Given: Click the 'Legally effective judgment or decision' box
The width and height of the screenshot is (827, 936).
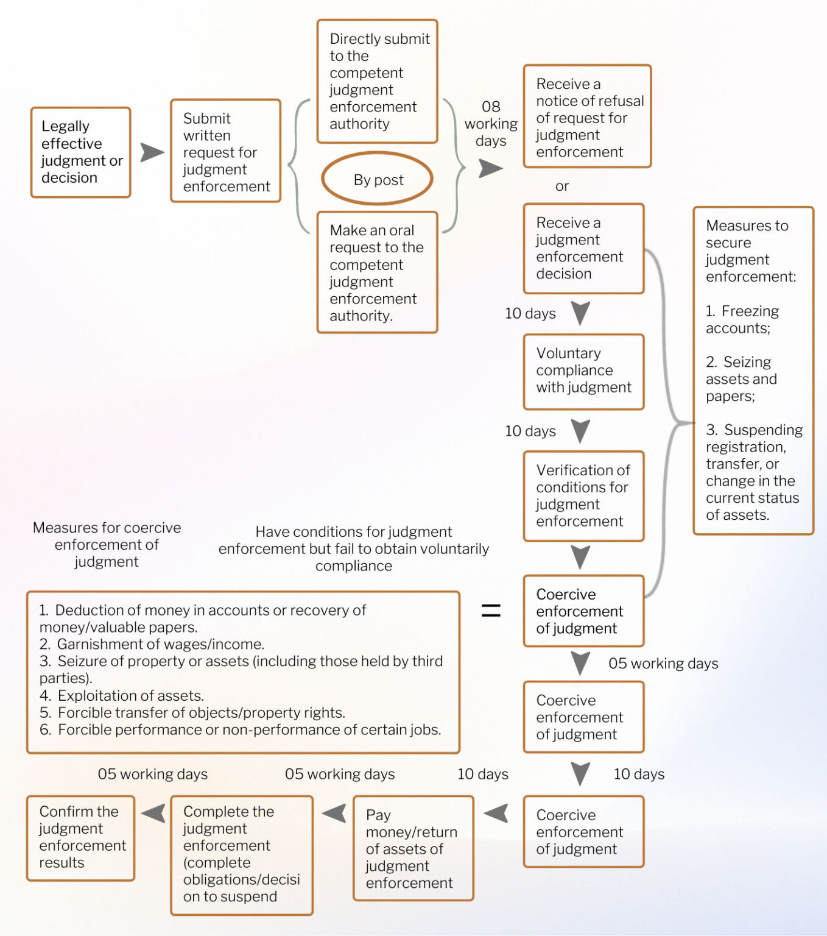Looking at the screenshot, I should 81,152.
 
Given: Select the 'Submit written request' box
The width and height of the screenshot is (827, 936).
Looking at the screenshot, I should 226,151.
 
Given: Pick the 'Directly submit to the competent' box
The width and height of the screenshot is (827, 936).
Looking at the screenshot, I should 378,82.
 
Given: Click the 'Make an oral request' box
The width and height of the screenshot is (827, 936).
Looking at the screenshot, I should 378,272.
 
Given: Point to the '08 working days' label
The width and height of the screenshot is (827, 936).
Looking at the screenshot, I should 491,124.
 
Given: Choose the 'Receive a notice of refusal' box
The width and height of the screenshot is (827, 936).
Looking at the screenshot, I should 588,117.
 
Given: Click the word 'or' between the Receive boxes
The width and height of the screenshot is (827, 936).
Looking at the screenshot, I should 561,186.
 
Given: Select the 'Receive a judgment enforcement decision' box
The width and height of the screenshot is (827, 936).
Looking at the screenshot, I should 584,249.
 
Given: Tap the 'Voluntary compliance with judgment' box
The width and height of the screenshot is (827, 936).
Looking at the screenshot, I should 584,371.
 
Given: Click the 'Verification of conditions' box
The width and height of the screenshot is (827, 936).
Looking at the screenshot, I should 584,496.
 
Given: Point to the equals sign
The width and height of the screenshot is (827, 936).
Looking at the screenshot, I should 491,611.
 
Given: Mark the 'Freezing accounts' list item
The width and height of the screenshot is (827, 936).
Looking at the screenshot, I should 742,320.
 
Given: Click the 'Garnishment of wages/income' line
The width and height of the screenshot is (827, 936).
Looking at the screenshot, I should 152,644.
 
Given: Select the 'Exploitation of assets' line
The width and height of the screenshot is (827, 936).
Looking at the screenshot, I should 122,695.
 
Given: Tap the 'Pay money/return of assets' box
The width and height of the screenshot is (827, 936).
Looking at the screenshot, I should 413,848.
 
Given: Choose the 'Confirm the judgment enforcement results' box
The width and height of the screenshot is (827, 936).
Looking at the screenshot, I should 81,838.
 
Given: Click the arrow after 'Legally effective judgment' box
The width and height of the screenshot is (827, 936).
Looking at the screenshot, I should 152,152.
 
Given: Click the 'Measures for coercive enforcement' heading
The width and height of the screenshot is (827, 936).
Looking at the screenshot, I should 107,544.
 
